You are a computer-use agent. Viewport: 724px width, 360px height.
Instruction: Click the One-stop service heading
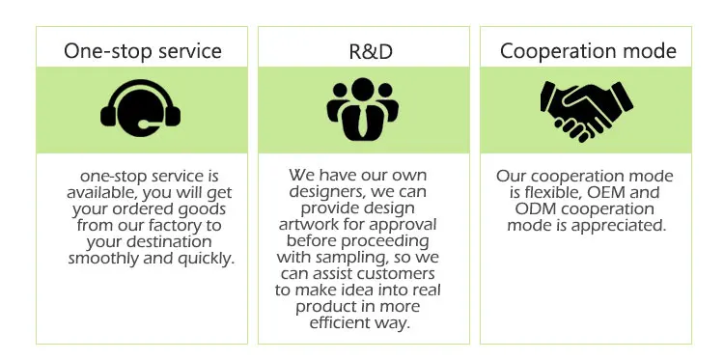(143, 51)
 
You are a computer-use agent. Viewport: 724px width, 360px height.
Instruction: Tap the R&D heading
(371, 52)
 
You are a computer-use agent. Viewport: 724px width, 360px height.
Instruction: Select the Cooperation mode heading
(588, 51)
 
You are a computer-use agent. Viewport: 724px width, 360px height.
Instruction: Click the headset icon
(140, 108)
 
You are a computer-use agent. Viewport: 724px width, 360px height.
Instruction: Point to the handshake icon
(586, 110)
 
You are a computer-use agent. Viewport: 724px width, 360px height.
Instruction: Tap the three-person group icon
(362, 109)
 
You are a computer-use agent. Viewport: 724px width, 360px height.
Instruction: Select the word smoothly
(103, 259)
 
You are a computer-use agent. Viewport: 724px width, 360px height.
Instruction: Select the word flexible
(554, 192)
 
